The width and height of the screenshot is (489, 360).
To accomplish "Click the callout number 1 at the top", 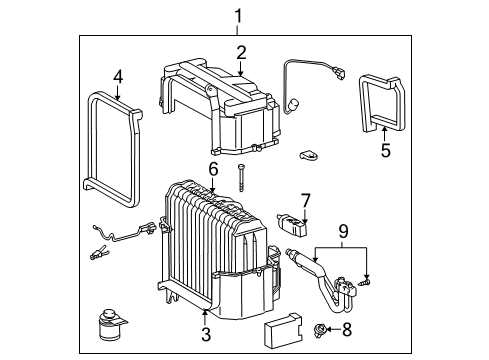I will (x=237, y=15).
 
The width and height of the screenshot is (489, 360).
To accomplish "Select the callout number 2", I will (x=241, y=53).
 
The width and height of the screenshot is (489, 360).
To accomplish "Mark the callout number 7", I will (x=306, y=200).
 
